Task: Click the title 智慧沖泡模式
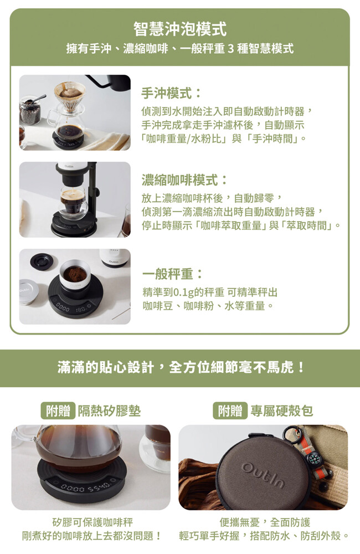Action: coord(180,29)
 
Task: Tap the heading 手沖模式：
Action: coord(171,93)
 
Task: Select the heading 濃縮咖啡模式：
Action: coord(184,180)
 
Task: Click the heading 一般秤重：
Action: coord(173,274)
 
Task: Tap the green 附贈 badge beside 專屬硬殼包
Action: coord(230,411)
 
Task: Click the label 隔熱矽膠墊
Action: coord(109,411)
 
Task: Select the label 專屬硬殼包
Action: coord(281,411)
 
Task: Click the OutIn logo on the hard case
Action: coord(263,475)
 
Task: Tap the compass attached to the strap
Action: coord(313,458)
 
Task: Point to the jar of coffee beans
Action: coord(30,110)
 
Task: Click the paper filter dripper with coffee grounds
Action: coord(70,95)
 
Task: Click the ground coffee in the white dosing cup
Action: coord(75,273)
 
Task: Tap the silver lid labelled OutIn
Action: coord(29,292)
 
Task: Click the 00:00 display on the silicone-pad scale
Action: coord(72,489)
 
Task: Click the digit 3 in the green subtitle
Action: coord(231,48)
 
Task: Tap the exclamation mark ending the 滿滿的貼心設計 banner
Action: coord(300,368)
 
